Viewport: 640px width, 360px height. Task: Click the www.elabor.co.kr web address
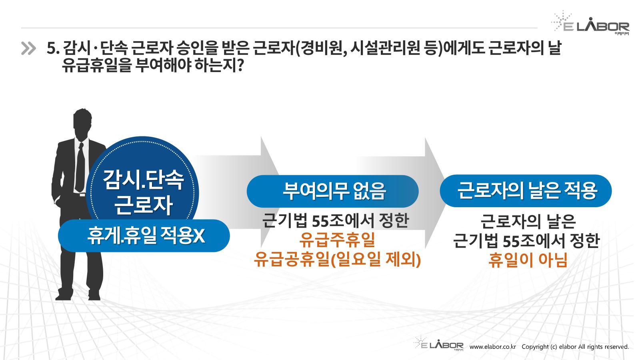click(x=492, y=347)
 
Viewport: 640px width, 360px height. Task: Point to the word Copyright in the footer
click(x=536, y=347)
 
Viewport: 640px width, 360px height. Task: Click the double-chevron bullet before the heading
click(x=28, y=48)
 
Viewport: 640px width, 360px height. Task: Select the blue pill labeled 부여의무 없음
click(x=332, y=191)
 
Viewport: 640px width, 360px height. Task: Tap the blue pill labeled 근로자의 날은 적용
click(x=526, y=190)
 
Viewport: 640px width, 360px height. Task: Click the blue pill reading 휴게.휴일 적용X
click(x=144, y=236)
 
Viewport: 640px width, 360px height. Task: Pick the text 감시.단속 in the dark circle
click(x=143, y=180)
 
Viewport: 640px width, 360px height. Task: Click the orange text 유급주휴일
click(x=337, y=240)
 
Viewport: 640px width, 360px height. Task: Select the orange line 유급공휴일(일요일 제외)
click(x=337, y=260)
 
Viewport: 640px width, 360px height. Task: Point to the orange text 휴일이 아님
click(x=528, y=260)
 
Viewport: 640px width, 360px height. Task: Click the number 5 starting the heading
click(x=50, y=48)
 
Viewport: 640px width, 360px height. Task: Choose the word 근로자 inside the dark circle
click(x=144, y=204)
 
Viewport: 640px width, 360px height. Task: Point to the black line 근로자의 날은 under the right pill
click(x=528, y=222)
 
